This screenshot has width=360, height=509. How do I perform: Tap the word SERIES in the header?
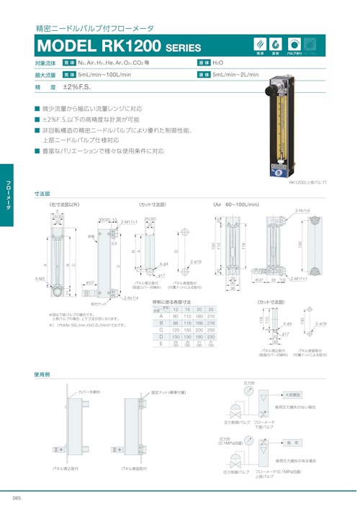click(x=184, y=48)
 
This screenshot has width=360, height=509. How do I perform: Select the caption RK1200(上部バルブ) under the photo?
click(x=307, y=184)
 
